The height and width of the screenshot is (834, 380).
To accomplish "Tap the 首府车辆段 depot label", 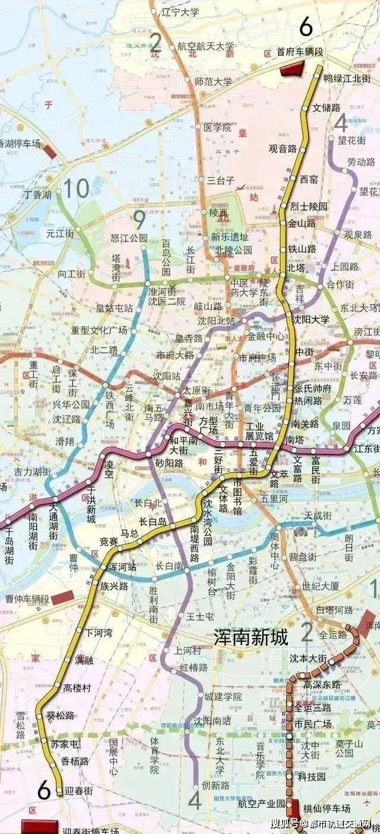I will [x=300, y=52].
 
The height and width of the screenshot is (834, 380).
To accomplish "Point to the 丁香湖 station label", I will [x=37, y=195].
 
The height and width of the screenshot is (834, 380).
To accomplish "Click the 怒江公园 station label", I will [x=129, y=238].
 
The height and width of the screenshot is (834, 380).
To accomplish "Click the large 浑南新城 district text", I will [x=251, y=638].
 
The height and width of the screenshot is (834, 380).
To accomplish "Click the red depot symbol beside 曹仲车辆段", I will [x=62, y=598].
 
